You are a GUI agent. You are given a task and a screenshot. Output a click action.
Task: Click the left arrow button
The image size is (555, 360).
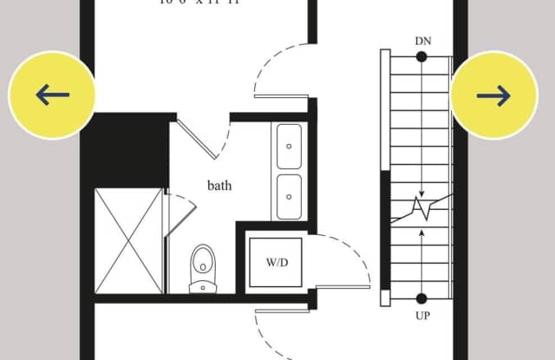[x=51, y=95]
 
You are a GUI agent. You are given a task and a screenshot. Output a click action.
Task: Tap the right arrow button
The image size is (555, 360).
[x=494, y=95]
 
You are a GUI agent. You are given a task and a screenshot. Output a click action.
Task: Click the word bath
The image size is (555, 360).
[x=219, y=186]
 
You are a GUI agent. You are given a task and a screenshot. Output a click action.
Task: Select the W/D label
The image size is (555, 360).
[x=276, y=262]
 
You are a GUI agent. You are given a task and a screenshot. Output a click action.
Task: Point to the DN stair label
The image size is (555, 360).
[x=422, y=41]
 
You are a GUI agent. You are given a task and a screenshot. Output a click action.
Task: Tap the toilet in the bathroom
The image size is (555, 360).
[x=203, y=267]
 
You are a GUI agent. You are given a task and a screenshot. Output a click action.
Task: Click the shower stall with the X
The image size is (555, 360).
[x=128, y=240]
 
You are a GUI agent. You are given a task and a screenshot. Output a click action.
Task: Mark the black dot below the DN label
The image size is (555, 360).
[x=421, y=57]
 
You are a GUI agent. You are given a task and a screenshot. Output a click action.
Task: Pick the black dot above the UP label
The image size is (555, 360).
[x=421, y=298]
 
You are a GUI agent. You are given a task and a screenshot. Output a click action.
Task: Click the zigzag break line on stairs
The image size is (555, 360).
[x=421, y=208]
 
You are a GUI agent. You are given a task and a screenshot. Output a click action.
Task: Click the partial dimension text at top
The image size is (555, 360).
[x=199, y=3]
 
